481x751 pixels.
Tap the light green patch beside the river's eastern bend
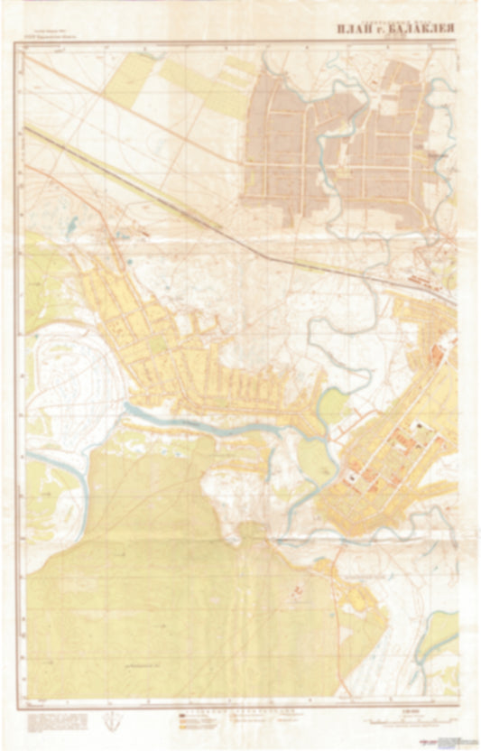point(332,403)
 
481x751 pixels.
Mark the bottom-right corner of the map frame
point(458,698)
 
